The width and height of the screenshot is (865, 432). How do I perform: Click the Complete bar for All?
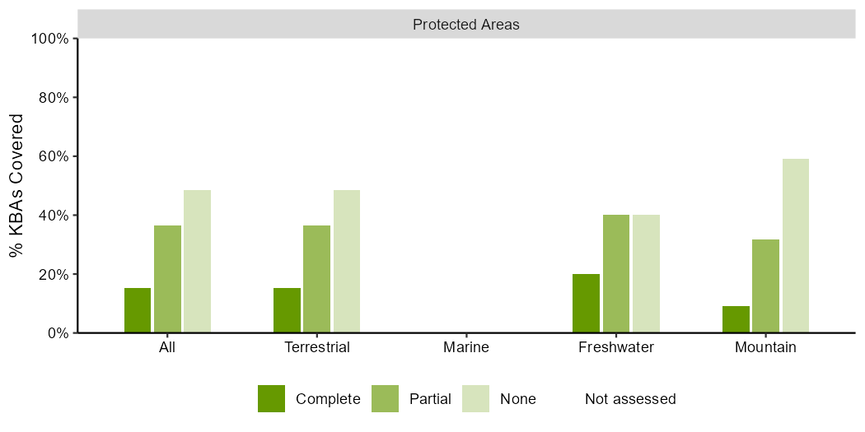(138, 310)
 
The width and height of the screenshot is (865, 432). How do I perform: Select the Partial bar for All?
(167, 279)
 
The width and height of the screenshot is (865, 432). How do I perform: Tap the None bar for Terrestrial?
(347, 261)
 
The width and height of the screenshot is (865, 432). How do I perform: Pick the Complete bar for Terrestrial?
(287, 310)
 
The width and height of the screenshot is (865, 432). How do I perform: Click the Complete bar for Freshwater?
(586, 303)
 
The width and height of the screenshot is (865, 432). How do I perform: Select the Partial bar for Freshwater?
(615, 274)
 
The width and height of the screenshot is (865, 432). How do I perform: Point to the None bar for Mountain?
(796, 246)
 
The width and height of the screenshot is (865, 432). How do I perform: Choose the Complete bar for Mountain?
(736, 319)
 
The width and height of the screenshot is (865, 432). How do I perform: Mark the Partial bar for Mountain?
(765, 286)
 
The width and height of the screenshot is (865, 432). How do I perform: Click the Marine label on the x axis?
(466, 348)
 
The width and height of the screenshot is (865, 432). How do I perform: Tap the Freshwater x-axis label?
(615, 348)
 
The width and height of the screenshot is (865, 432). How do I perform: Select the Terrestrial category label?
(316, 348)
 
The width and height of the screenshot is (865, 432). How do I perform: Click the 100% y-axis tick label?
(51, 39)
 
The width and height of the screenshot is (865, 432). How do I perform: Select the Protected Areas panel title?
(466, 25)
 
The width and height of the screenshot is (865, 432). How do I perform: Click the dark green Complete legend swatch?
(271, 398)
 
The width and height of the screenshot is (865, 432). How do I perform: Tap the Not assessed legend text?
(630, 398)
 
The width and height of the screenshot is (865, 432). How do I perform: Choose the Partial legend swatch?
(385, 398)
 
